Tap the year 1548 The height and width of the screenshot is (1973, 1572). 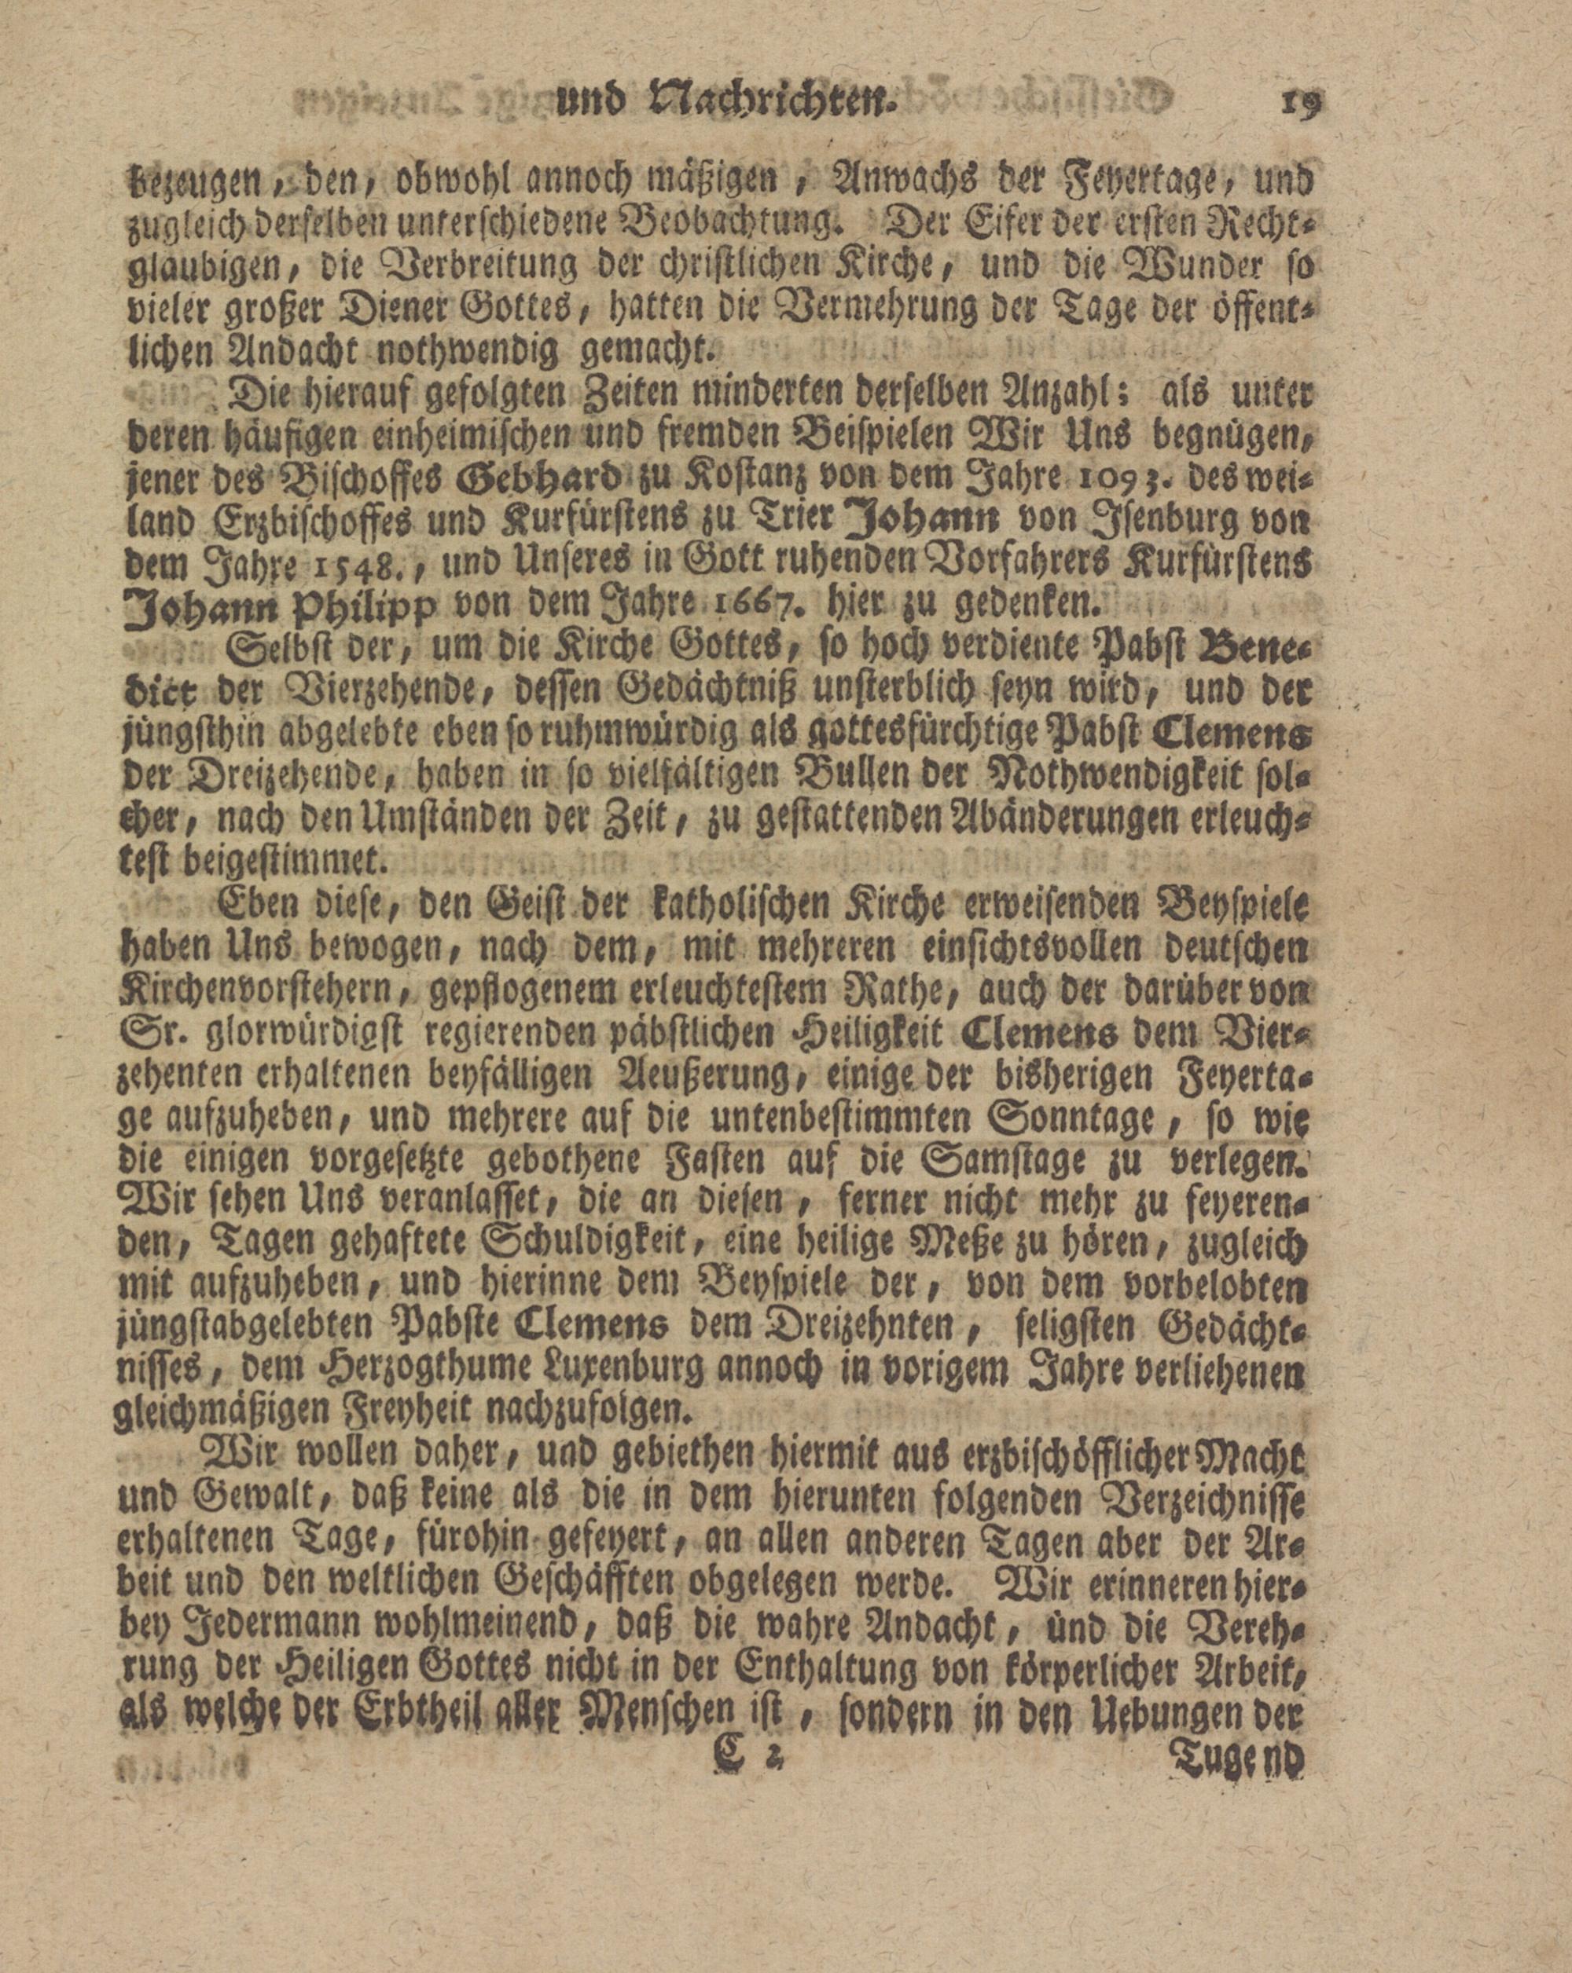point(362,571)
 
